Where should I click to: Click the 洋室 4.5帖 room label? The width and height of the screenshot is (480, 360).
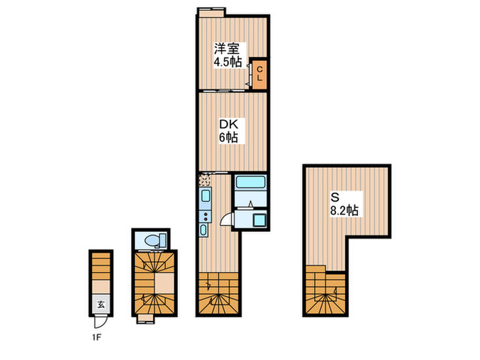[228, 55]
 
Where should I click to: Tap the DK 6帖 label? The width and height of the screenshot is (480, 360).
[228, 131]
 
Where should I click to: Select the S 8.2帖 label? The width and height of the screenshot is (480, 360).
[344, 204]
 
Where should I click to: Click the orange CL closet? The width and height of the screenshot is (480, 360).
[260, 74]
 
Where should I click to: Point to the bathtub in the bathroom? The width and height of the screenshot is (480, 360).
[250, 182]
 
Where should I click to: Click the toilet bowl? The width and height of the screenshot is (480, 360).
[152, 240]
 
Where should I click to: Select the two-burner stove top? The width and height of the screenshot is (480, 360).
[205, 217]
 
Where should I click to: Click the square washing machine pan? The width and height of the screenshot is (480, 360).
[259, 220]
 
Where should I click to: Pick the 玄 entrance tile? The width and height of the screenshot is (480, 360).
[101, 304]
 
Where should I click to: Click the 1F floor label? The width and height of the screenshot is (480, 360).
[97, 337]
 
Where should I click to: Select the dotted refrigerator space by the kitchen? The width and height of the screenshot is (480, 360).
[205, 180]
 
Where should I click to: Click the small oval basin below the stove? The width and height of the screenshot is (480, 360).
[203, 230]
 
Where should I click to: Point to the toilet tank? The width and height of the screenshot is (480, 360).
[163, 240]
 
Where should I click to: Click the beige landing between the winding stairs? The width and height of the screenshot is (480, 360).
[165, 283]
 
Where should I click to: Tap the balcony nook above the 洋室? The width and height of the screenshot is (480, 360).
[211, 13]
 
